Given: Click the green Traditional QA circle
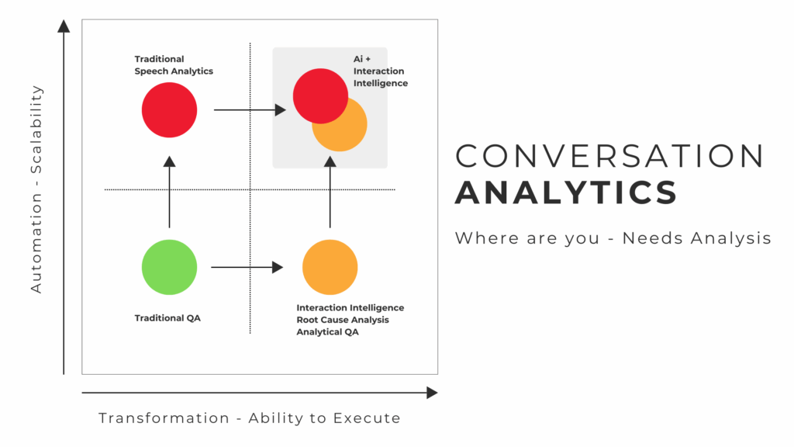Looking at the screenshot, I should (169, 268).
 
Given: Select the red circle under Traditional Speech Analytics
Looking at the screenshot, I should (169, 110).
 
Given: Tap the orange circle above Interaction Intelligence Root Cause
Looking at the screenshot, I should (330, 268).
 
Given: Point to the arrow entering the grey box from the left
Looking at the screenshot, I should (249, 110).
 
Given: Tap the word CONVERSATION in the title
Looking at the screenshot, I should (609, 157).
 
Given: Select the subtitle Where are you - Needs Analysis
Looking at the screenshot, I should (613, 238).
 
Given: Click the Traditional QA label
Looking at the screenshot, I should (167, 318).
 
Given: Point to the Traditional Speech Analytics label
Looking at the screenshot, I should (174, 65).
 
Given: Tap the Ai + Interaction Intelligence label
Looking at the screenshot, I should (380, 71).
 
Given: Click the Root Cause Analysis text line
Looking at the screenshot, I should (343, 320).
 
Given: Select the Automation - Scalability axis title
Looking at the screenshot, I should (36, 189).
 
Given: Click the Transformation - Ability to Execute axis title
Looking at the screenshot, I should (249, 418).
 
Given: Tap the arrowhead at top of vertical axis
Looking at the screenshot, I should (64, 26).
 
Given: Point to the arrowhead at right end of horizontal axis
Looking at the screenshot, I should (432, 393).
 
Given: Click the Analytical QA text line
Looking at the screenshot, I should (329, 332).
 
